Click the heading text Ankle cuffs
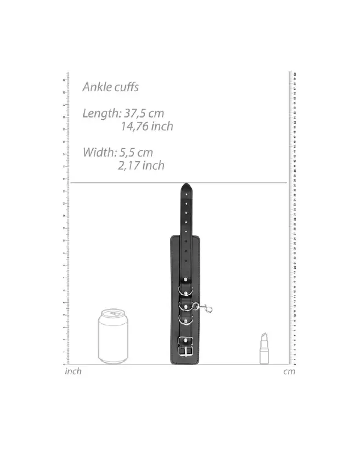tap(110, 87)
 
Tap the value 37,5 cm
tap(145, 114)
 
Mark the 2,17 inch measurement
tap(140, 165)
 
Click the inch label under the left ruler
tap(73, 372)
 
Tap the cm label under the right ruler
tap(289, 372)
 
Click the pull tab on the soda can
tap(115, 313)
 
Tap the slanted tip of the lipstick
tap(264, 335)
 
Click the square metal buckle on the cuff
tap(187, 346)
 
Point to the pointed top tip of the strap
tap(187, 185)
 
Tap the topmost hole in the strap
tap(187, 193)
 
